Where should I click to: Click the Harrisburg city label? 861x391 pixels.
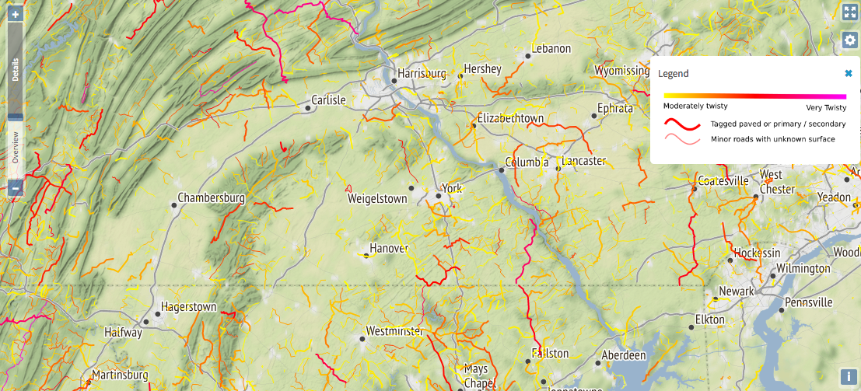tap(422, 74)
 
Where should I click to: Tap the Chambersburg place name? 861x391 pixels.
tap(211, 198)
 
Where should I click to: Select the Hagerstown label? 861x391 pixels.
tap(188, 307)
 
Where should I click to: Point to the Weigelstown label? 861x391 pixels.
tap(376, 199)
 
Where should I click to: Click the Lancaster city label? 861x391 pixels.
tap(583, 161)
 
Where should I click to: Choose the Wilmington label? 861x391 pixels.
tap(803, 268)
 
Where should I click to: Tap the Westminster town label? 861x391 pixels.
tap(394, 331)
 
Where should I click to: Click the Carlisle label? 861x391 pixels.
tap(327, 100)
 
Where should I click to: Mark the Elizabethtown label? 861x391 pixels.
tap(510, 118)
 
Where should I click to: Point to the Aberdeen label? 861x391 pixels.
tap(624, 355)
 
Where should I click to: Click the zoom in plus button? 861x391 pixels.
tap(15, 15)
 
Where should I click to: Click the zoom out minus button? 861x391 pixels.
tap(15, 187)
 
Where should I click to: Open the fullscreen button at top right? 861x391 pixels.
tap(849, 12)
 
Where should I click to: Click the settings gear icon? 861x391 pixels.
tap(849, 40)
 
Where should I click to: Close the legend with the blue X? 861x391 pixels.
tap(849, 73)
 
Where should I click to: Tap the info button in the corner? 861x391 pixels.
tap(849, 376)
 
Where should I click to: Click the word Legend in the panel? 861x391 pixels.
tap(673, 73)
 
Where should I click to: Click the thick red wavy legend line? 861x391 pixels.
tap(682, 124)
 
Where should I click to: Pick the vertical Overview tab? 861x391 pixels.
tap(15, 146)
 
